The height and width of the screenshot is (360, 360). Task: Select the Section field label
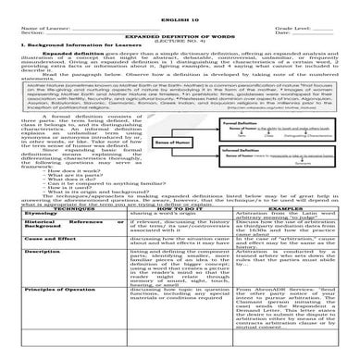pyautogui.click(x=20, y=24)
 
